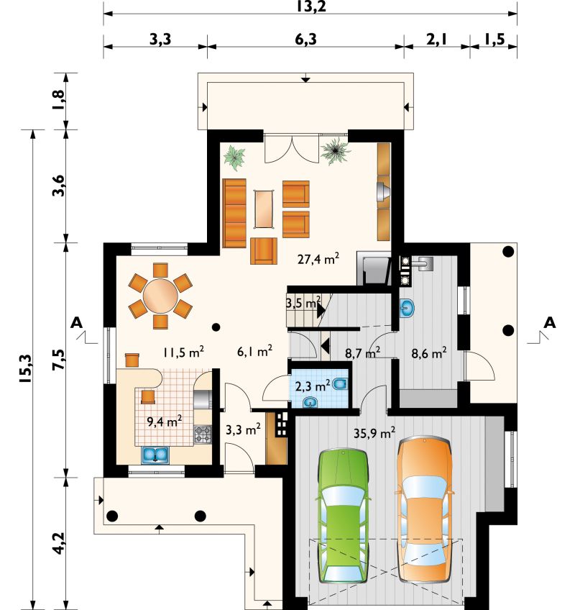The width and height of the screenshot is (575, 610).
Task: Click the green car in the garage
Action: tap(344, 516)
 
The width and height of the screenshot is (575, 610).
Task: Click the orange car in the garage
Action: tap(425, 509)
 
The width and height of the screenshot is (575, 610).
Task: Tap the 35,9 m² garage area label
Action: tap(374, 432)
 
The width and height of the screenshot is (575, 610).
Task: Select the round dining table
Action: tap(160, 296)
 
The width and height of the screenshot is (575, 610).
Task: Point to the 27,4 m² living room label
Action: tap(318, 259)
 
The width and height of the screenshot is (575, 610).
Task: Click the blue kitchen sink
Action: tap(155, 455)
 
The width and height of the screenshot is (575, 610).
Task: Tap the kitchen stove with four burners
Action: tap(203, 434)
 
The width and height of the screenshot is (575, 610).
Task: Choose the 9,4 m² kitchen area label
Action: tap(165, 422)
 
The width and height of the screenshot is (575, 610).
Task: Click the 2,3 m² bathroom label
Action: tap(313, 386)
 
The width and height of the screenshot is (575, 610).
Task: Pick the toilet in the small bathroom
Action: tap(341, 384)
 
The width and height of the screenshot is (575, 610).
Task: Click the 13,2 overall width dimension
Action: tap(310, 7)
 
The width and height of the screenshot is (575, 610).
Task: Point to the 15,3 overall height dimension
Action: tap(26, 368)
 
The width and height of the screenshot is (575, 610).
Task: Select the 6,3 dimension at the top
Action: tap(305, 40)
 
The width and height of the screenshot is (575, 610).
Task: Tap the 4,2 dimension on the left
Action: tap(59, 543)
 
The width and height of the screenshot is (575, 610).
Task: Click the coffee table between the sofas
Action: tap(264, 209)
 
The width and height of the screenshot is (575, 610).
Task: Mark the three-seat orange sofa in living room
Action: tap(234, 213)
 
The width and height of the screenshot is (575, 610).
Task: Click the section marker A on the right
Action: tap(549, 322)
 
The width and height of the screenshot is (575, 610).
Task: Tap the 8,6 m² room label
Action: tap(429, 353)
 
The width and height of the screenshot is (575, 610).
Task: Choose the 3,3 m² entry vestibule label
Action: tap(243, 430)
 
